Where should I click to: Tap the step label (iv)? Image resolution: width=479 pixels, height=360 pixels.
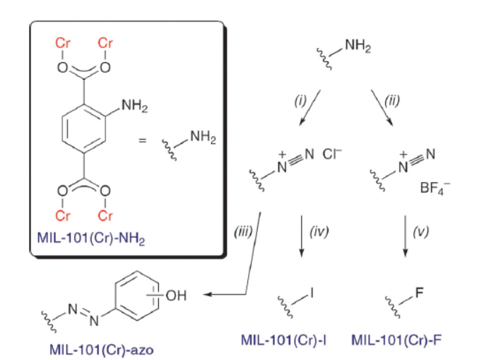[319, 232]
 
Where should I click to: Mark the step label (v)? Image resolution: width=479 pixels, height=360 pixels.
[421, 232]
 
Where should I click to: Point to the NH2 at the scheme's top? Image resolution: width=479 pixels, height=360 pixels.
[357, 47]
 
